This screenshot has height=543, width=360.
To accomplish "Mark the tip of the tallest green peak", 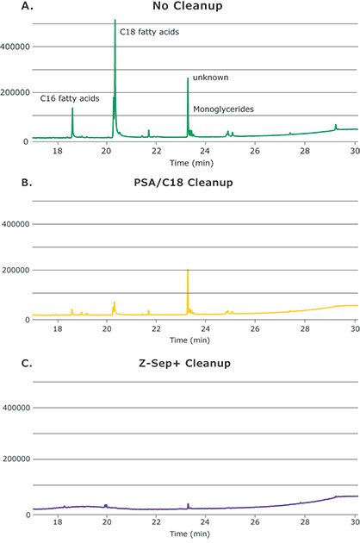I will [115, 20].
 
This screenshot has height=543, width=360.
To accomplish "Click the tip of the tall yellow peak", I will [188, 271].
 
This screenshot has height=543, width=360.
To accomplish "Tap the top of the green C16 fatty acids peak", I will [72, 109].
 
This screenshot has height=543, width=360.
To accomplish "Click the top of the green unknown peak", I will [188, 78].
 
